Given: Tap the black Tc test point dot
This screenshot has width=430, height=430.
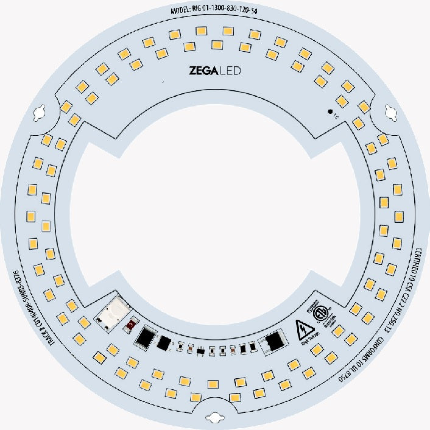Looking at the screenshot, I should [x=330, y=111].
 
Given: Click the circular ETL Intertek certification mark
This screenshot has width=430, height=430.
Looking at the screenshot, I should [x=319, y=313].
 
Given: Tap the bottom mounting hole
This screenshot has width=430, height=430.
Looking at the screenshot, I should [x=215, y=416].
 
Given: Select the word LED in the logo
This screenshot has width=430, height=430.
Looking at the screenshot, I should [x=230, y=71].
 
